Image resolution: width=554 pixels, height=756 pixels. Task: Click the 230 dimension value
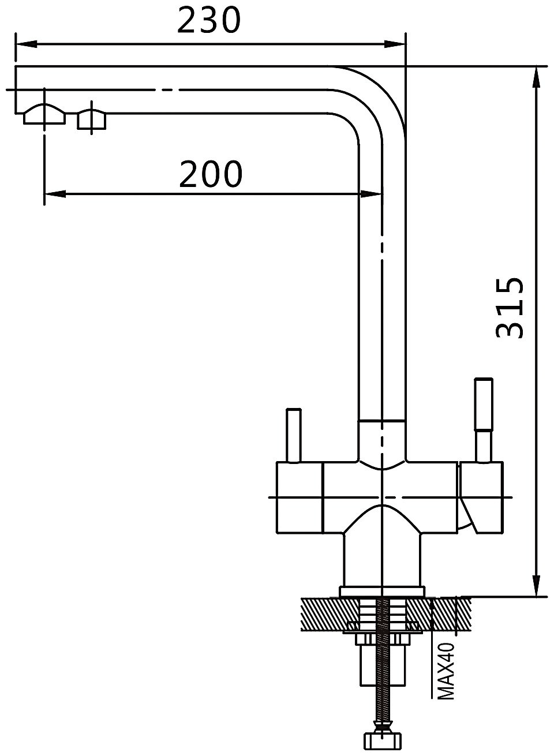[209, 20]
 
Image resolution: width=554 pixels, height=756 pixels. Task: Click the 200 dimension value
[211, 174]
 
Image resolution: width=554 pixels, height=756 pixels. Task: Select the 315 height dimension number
[510, 308]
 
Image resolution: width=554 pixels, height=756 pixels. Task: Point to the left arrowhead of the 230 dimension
[26, 44]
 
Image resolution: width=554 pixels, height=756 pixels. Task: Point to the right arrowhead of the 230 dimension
[395, 44]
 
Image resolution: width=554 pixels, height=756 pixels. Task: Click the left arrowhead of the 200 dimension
[55, 194]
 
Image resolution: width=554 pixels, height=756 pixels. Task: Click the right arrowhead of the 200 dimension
[372, 194]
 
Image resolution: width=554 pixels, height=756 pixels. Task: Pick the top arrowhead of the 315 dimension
[536, 77]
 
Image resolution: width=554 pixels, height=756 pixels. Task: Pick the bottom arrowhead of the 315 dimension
[536, 586]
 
